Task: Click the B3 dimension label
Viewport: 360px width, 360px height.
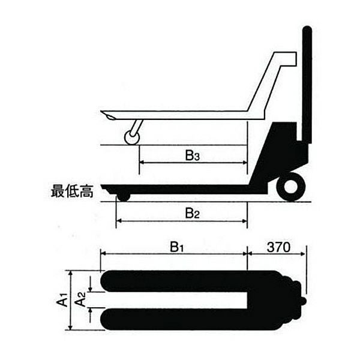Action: click(191, 157)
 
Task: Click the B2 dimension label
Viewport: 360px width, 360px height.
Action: click(192, 212)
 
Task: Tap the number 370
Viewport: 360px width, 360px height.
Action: click(279, 247)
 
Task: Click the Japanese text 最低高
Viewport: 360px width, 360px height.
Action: click(71, 193)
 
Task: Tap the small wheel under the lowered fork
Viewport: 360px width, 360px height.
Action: click(123, 196)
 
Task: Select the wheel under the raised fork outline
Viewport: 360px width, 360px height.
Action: click(131, 138)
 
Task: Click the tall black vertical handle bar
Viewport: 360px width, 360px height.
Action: click(307, 84)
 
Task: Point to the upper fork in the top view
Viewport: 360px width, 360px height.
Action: click(180, 281)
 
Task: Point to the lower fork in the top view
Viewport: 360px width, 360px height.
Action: click(180, 319)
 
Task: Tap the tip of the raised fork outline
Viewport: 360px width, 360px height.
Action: click(104, 115)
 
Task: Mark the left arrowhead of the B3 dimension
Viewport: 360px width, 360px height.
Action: click(141, 163)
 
